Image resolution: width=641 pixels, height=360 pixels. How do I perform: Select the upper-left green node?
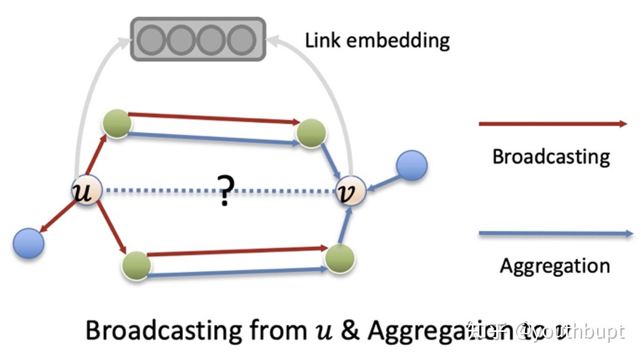117,123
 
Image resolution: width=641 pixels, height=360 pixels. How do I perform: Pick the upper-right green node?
311,133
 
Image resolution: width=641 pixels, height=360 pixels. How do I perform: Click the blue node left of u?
28,243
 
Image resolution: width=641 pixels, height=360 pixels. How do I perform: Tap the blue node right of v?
412,166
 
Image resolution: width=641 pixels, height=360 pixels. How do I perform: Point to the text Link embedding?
377,41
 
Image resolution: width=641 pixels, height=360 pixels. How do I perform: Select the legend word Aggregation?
555,266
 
